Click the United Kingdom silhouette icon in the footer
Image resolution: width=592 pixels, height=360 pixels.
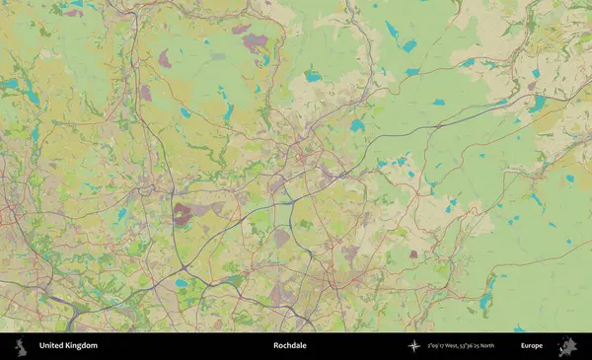coord(19,346)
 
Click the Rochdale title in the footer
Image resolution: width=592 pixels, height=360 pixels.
coord(290,346)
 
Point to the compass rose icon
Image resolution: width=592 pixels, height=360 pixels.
coord(415,346)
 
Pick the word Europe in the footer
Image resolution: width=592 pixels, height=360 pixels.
coord(532,346)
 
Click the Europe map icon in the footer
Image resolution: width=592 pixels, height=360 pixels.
coord(568,346)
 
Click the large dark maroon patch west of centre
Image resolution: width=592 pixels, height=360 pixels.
coord(184,213)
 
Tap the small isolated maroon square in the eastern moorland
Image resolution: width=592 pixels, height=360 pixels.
coord(413,254)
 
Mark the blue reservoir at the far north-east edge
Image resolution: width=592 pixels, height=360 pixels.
coord(539,102)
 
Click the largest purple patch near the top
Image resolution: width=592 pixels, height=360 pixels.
coord(256,42)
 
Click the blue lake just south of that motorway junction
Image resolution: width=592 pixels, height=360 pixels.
coord(182,283)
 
